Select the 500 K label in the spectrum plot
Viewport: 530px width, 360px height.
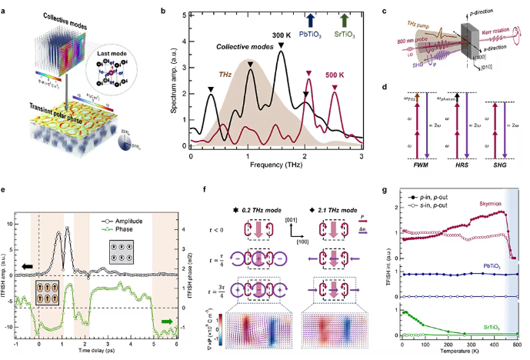(337, 76)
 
